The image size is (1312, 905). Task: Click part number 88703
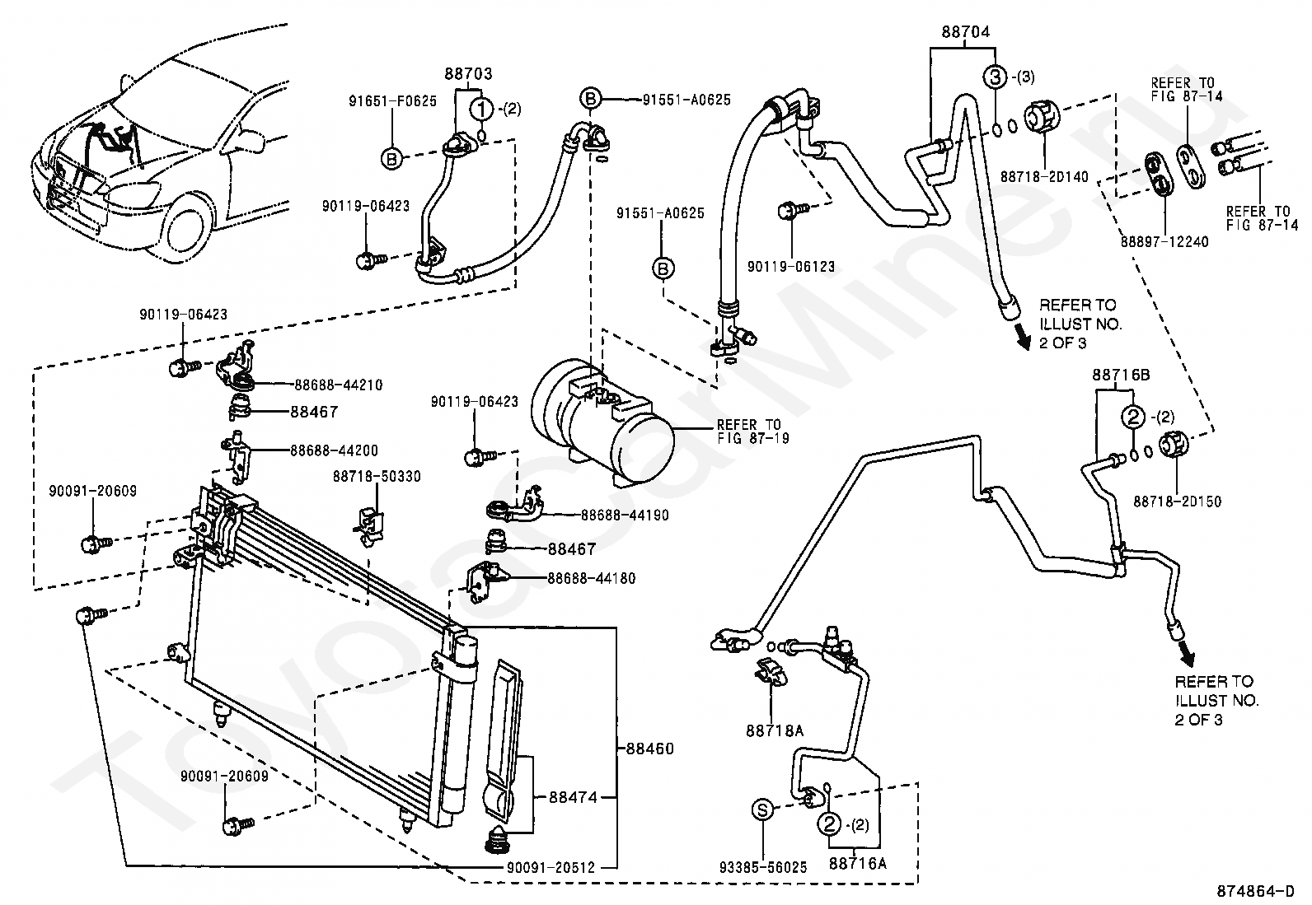469,74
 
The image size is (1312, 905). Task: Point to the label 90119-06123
791,267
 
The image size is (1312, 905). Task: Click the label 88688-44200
334,450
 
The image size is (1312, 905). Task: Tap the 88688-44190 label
624,515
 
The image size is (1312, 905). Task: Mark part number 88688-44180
591,578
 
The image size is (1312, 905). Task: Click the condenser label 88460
649,749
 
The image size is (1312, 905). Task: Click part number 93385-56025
763,866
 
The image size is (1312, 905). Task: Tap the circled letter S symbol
763,810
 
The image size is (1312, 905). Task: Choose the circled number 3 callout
996,77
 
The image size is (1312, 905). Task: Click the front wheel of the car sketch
186,231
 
